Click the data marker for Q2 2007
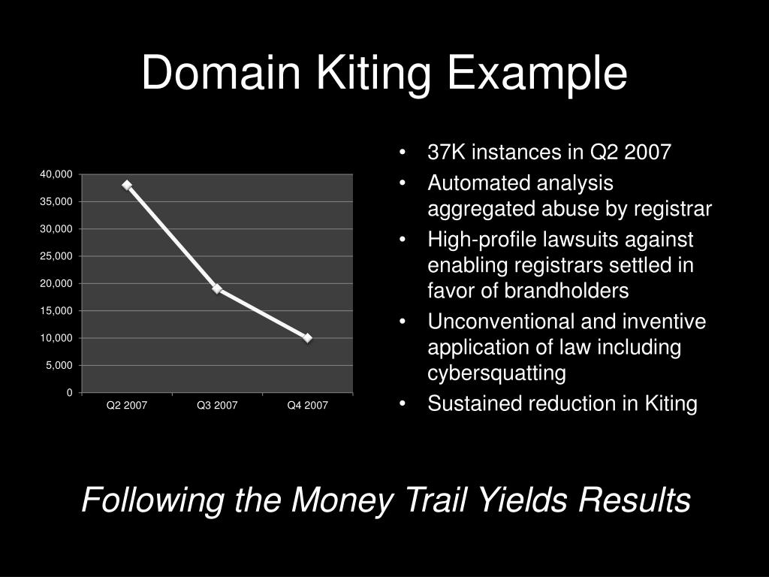[x=127, y=185]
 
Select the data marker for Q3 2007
[x=217, y=288]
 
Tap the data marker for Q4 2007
[x=307, y=338]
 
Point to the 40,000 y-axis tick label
[x=57, y=174]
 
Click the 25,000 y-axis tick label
[x=57, y=256]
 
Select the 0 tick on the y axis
[x=69, y=393]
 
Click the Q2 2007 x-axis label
[x=127, y=406]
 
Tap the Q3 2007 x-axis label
[x=217, y=406]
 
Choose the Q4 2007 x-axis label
[x=307, y=406]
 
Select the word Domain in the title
[x=216, y=74]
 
